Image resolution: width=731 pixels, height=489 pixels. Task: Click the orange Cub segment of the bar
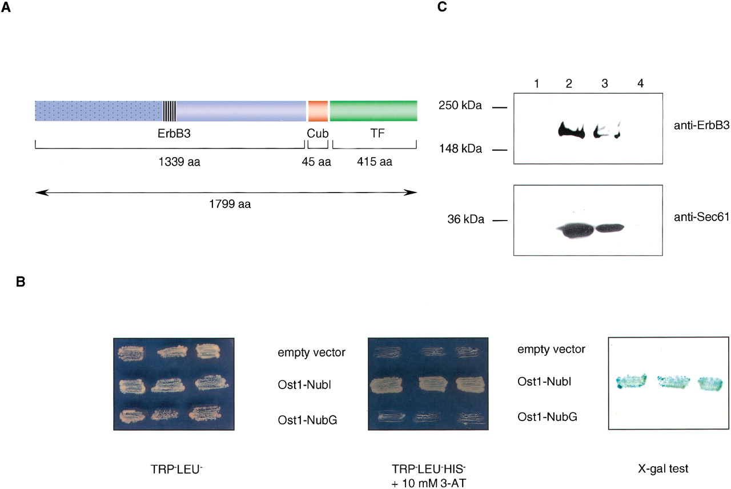point(318,111)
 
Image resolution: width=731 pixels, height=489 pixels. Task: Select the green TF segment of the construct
point(373,111)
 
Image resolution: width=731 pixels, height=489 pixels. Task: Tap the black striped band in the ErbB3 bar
point(170,111)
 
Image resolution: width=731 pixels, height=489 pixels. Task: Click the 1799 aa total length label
point(230,205)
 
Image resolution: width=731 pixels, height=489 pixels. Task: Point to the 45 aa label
point(316,162)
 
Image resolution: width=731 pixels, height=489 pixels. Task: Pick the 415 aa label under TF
point(374,162)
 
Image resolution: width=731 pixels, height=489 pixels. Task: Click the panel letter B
point(21,282)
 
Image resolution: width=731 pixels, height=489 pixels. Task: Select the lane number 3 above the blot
point(605,84)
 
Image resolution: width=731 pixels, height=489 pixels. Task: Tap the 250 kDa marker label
point(460,106)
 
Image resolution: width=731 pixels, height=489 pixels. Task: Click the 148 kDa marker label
point(460,149)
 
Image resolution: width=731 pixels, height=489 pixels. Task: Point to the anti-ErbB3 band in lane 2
point(571,130)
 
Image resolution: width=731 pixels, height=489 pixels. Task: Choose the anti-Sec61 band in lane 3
point(609,228)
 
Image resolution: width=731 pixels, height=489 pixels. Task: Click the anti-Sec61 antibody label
point(701,217)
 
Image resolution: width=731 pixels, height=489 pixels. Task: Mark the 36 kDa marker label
point(465,219)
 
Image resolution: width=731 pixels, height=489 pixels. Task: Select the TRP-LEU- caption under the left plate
point(176,470)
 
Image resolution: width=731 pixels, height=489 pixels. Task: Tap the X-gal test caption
point(663,469)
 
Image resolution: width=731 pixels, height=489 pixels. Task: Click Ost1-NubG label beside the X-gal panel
point(547,417)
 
